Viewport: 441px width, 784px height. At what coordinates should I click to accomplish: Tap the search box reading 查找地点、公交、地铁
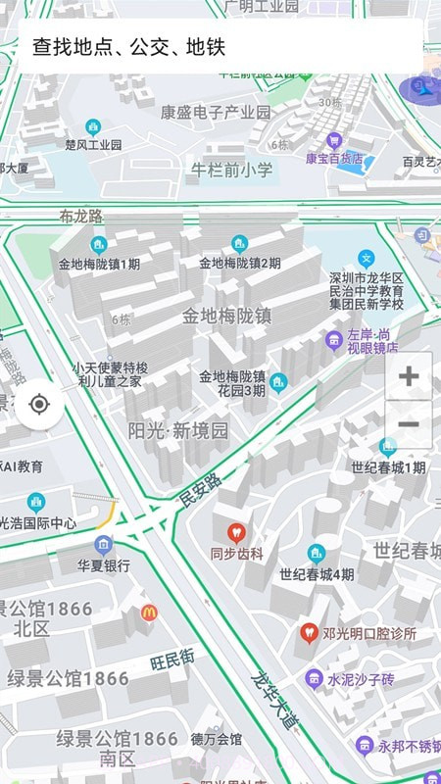(220, 46)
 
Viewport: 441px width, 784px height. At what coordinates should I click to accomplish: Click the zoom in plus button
(409, 375)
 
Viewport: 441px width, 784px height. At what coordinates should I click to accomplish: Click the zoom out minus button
(409, 424)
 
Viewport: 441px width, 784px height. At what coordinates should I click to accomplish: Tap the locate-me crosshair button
(39, 404)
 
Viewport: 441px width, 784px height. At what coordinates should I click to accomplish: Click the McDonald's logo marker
(149, 612)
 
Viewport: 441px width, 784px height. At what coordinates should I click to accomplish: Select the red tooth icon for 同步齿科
(235, 533)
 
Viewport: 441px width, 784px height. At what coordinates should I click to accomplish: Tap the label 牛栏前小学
(231, 170)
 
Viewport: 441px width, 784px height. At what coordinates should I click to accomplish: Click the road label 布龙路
(80, 217)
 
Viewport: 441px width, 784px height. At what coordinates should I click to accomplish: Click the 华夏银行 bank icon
(104, 545)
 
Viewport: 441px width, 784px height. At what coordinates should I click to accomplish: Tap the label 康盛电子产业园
(216, 112)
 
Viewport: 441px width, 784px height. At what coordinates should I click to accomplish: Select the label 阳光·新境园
(178, 429)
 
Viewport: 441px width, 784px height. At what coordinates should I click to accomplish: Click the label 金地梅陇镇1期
(99, 264)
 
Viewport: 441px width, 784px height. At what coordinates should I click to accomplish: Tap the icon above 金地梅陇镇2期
(239, 244)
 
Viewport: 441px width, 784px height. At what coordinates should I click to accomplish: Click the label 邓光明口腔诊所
(368, 634)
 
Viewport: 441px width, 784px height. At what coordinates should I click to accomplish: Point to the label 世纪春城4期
(317, 574)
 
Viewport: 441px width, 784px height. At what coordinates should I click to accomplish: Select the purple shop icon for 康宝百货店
(334, 140)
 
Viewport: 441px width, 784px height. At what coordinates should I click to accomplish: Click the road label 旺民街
(172, 662)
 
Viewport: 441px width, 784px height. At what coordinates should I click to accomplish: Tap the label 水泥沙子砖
(361, 678)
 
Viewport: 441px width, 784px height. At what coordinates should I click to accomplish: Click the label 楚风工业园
(93, 144)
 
